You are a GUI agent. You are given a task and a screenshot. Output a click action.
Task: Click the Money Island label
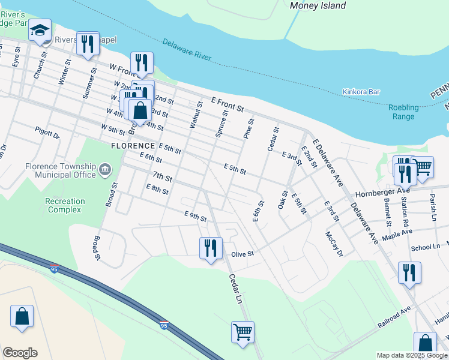[x=318, y=5]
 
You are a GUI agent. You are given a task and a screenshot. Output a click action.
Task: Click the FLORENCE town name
[x=133, y=146]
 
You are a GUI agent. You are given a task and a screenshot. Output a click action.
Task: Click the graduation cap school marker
[x=40, y=31]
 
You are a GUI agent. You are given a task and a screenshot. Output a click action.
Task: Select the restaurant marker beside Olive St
[x=211, y=248]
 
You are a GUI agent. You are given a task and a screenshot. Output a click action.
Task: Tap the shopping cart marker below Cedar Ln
[x=243, y=331]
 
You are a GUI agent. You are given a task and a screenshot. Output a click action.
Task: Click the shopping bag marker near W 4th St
[x=140, y=111]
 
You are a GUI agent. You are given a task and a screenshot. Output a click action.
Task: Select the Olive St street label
[x=243, y=254]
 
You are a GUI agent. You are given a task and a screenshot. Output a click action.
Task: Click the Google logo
[x=20, y=353]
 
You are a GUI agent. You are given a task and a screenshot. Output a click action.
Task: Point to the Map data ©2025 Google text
[x=411, y=355]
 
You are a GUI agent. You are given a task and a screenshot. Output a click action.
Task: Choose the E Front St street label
[x=227, y=105]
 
